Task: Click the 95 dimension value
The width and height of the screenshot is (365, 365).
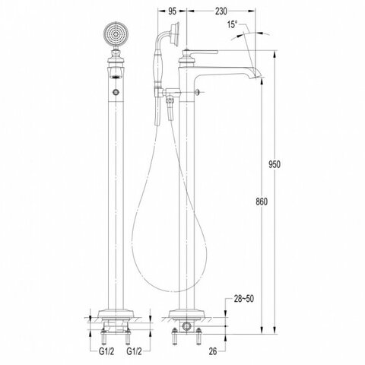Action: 172,11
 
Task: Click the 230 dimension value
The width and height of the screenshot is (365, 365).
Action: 221,11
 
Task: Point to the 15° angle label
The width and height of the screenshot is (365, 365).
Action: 232,24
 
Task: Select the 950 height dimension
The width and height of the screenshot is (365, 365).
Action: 275,164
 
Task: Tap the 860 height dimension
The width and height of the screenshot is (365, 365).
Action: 262,202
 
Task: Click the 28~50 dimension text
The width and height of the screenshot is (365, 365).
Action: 243,299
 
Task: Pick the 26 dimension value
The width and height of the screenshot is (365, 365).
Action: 213,351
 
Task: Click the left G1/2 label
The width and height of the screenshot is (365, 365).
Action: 106,351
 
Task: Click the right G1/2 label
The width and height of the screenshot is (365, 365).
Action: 134,351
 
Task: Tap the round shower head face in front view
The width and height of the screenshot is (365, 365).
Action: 116,34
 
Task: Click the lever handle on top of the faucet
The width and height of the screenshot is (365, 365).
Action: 200,52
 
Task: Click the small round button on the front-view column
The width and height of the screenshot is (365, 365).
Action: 116,92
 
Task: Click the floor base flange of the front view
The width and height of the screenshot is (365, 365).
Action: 116,313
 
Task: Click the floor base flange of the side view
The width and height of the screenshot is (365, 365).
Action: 187,313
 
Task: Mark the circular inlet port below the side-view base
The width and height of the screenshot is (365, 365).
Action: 187,326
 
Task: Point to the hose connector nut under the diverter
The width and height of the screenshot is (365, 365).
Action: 170,100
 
